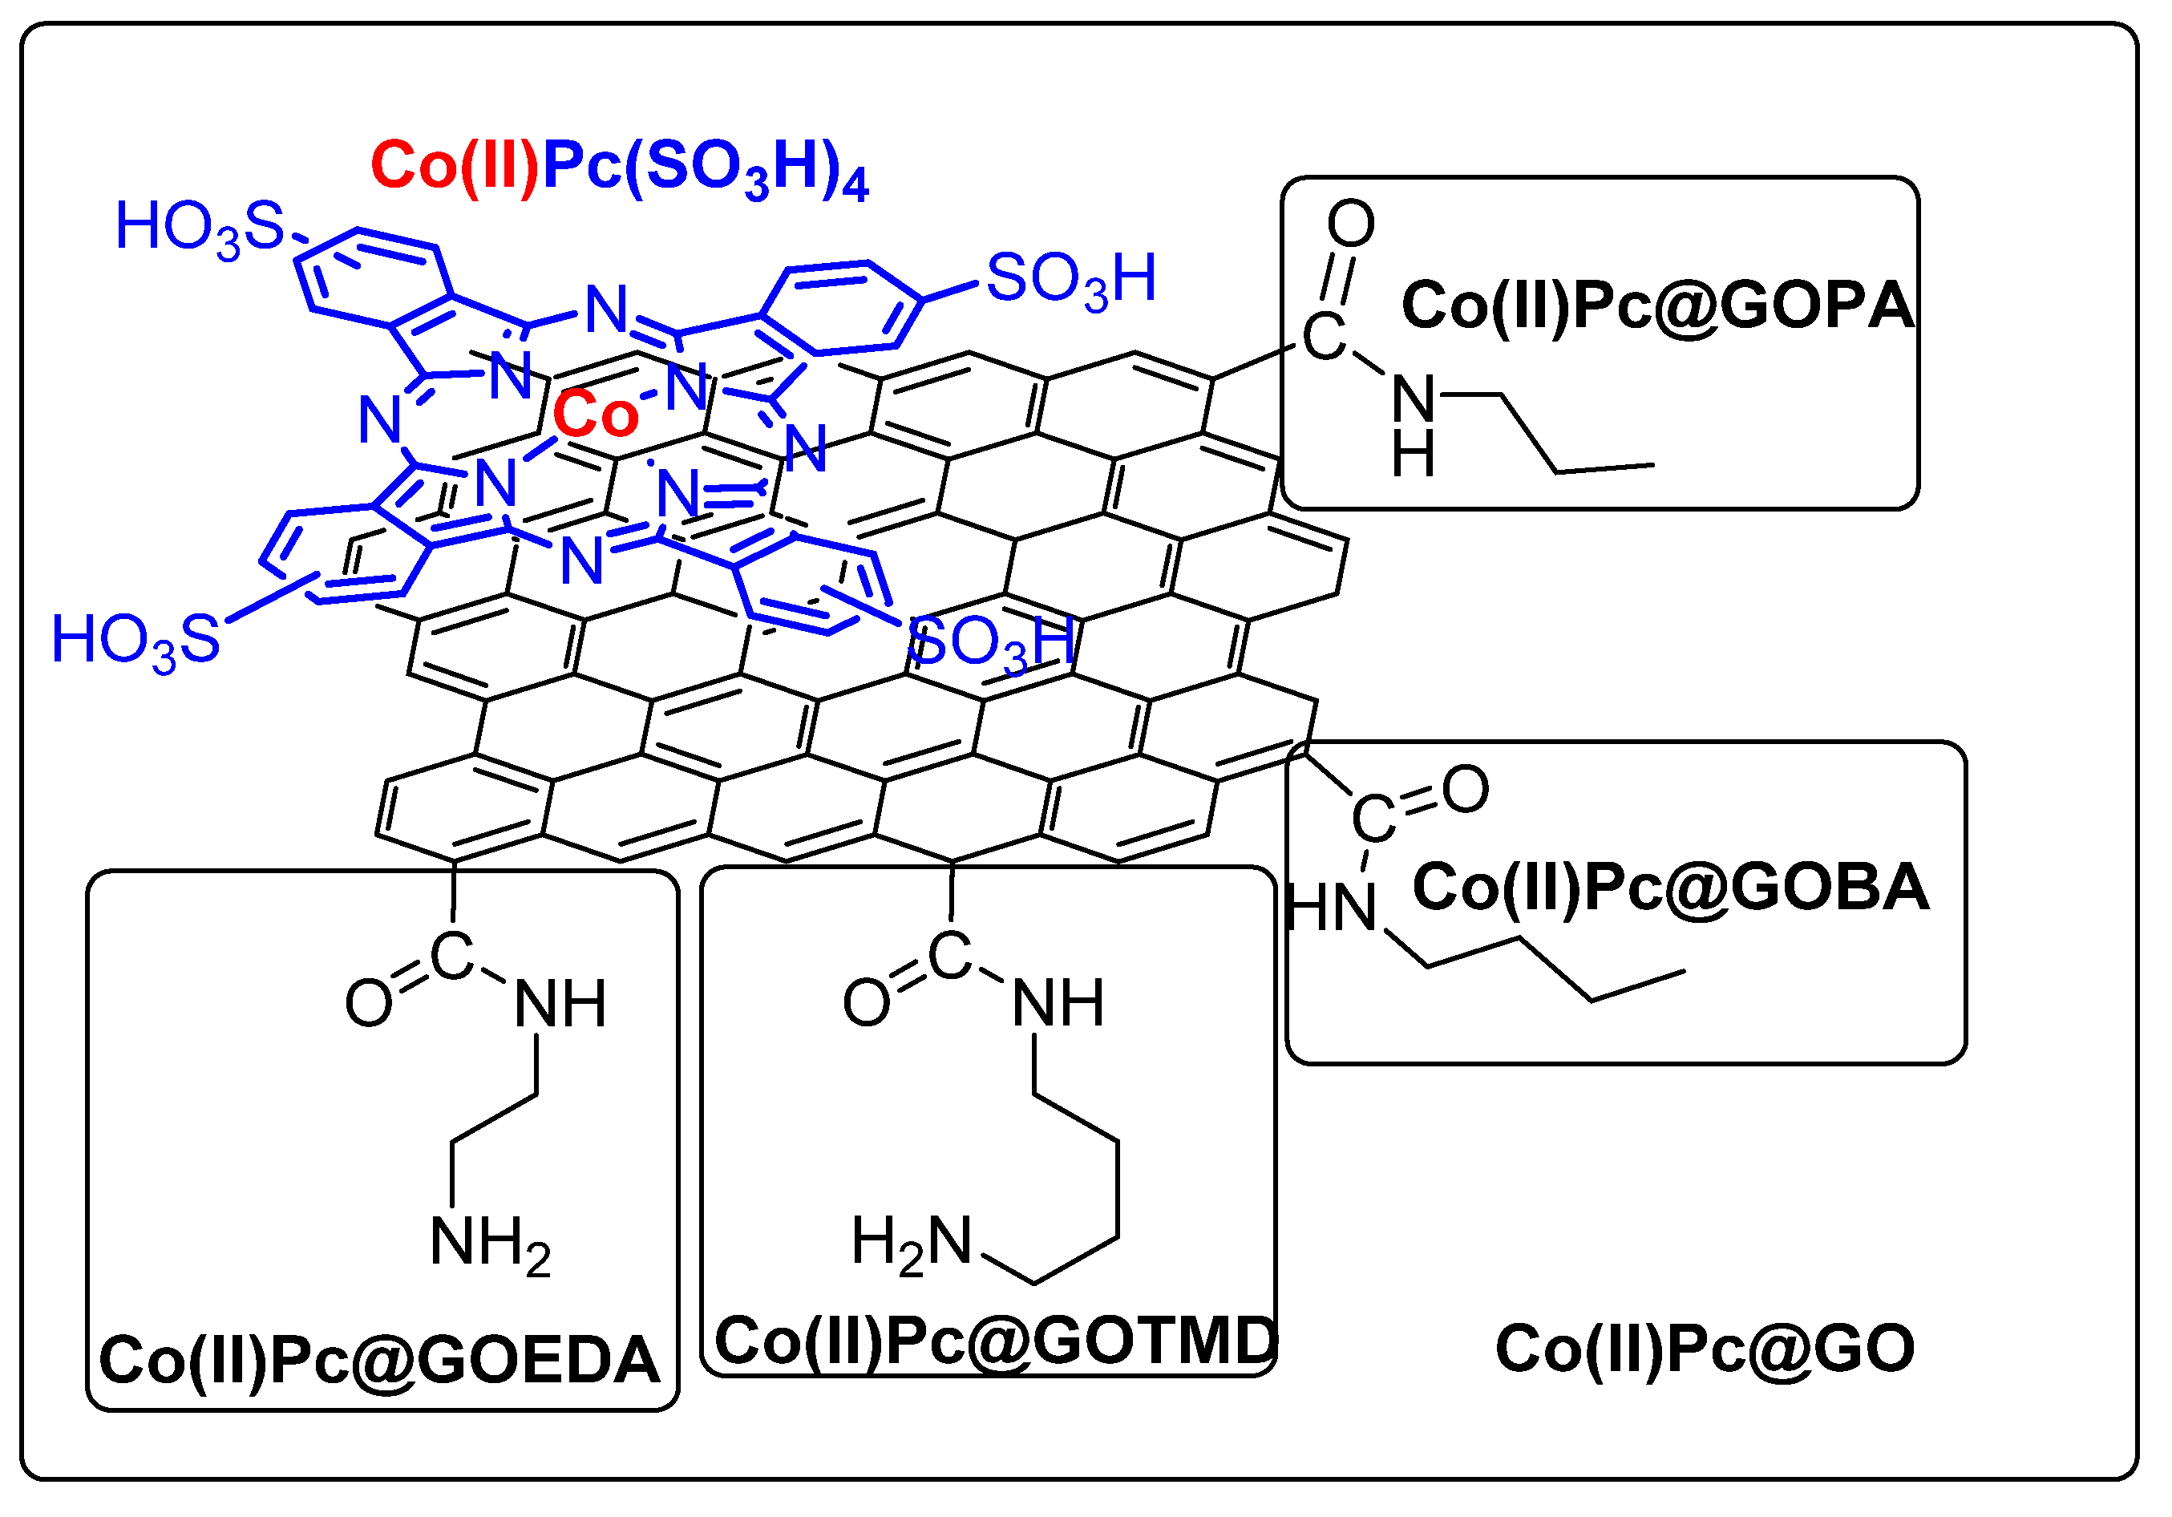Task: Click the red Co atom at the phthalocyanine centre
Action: click(596, 415)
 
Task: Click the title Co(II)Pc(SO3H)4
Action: click(620, 168)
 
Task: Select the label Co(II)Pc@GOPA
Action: click(1657, 305)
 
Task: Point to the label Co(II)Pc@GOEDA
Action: click(379, 1360)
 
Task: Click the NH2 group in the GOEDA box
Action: click(490, 1243)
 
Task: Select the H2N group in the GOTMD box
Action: click(911, 1243)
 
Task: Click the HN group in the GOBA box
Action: click(1330, 909)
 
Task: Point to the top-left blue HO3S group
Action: click(200, 228)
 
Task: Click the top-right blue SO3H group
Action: click(1071, 279)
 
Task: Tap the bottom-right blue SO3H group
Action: click(990, 643)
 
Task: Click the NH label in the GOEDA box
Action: click(560, 1004)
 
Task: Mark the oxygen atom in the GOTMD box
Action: click(867, 1002)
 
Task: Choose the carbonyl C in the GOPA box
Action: click(1324, 336)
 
